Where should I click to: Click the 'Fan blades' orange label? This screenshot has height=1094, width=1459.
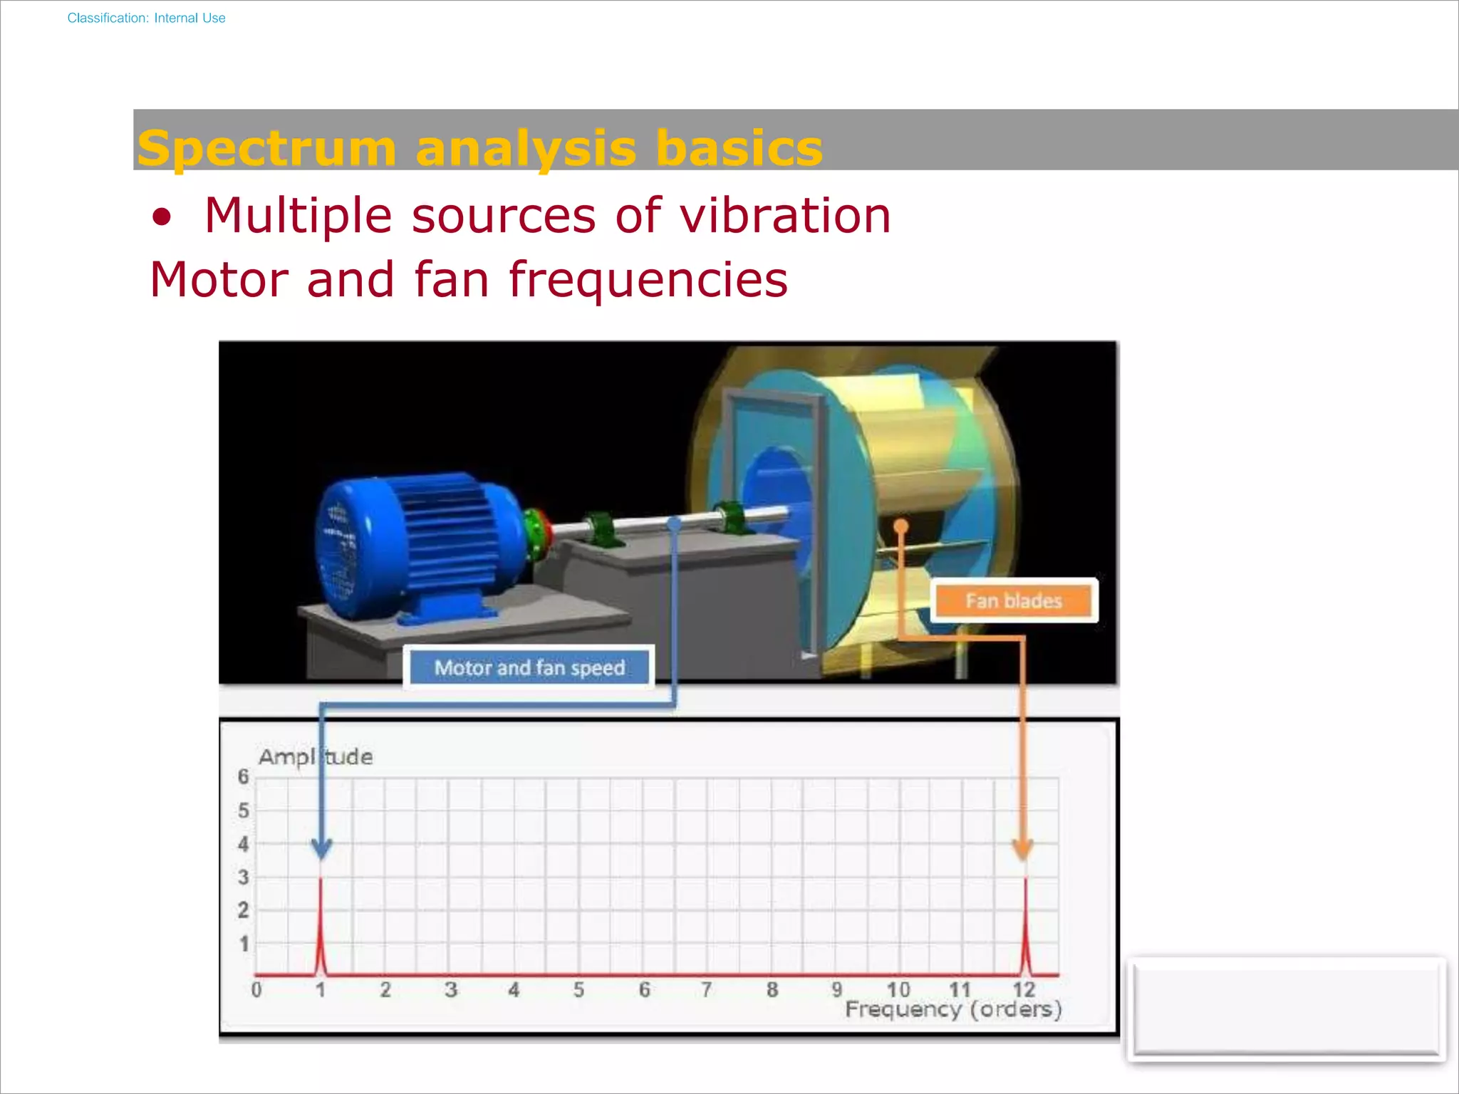[x=1013, y=600]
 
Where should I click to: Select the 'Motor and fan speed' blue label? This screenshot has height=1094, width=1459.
[x=529, y=667]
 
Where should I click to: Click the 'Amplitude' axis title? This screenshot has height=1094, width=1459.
[x=315, y=756]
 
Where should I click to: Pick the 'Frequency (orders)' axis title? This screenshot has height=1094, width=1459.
[x=953, y=1009]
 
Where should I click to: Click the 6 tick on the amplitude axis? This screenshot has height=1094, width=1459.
[x=244, y=776]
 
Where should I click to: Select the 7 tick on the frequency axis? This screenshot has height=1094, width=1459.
[x=707, y=989]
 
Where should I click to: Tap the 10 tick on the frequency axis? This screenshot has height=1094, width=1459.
[x=898, y=989]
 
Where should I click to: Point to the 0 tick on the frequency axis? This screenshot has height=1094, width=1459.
[x=256, y=989]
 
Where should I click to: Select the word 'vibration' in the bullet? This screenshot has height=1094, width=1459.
[x=785, y=215]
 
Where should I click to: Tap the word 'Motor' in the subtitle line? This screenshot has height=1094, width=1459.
[x=219, y=279]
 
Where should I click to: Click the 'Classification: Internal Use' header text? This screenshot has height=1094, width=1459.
[x=146, y=18]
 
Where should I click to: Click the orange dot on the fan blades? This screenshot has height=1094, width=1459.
[x=901, y=526]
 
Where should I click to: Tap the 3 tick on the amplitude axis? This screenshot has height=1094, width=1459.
[x=244, y=877]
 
